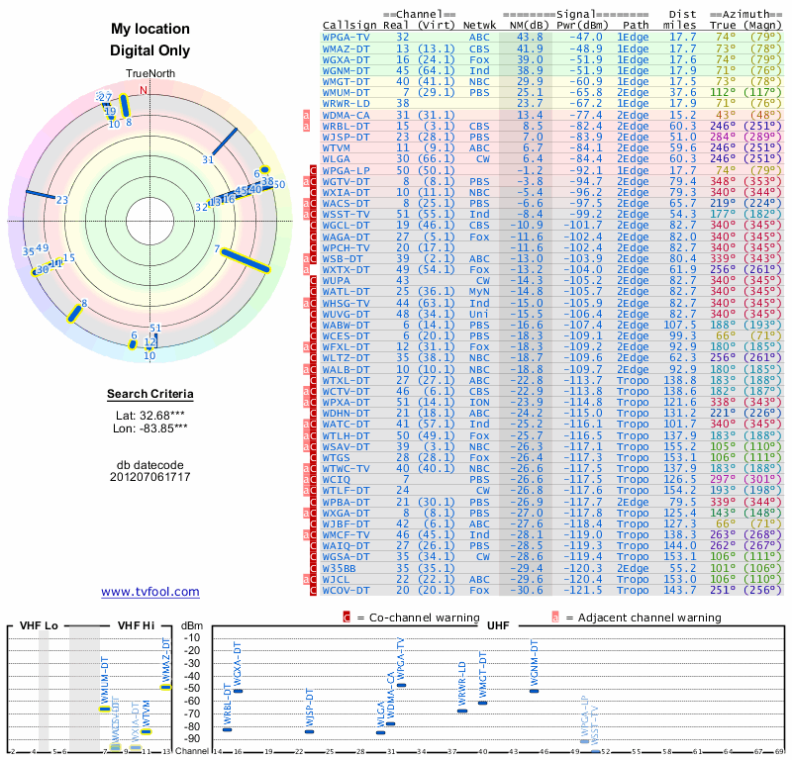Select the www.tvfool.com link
pyautogui.click(x=149, y=592)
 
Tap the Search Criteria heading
pyautogui.click(x=149, y=395)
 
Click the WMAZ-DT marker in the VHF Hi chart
pyautogui.click(x=166, y=687)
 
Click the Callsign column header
pyautogui.click(x=350, y=25)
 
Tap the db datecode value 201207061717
pyautogui.click(x=149, y=477)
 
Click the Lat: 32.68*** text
pyautogui.click(x=149, y=416)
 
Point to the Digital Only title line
pyautogui.click(x=149, y=50)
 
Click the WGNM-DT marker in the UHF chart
pyautogui.click(x=535, y=690)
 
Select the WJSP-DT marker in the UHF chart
pyautogui.click(x=309, y=731)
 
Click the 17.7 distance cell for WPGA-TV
pyautogui.click(x=682, y=37)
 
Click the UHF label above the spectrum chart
pyautogui.click(x=498, y=625)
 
